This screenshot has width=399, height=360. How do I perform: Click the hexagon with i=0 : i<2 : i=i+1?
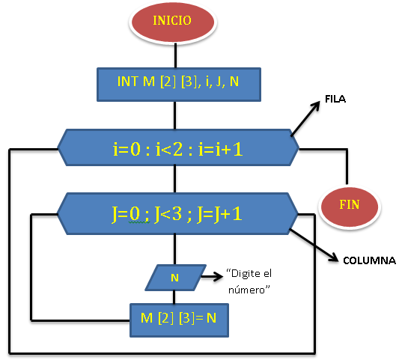(x=177, y=148)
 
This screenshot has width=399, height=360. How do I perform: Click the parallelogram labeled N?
(x=174, y=277)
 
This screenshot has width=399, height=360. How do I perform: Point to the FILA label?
(x=335, y=99)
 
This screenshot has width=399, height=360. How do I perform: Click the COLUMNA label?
(x=368, y=261)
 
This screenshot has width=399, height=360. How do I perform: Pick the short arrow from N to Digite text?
(x=213, y=276)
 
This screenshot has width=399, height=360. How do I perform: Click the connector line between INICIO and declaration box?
(x=174, y=55)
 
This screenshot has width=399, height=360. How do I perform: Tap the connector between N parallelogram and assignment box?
(x=174, y=296)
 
